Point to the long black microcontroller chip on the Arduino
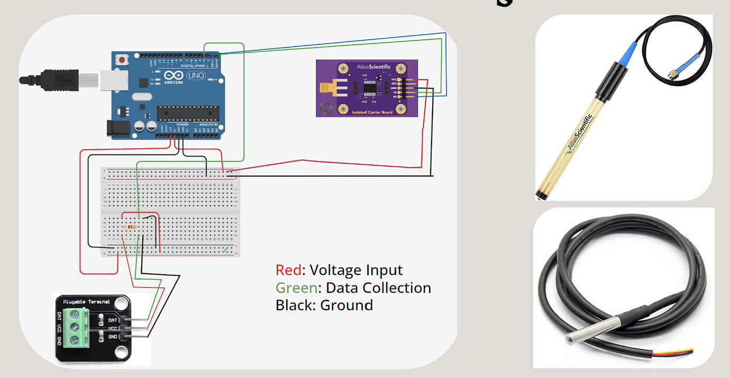coord(188,112)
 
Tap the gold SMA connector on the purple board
coord(329,88)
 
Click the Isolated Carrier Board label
coord(372,112)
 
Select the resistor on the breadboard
coord(130,227)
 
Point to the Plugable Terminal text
coord(86,302)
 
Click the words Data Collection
coord(378,288)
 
